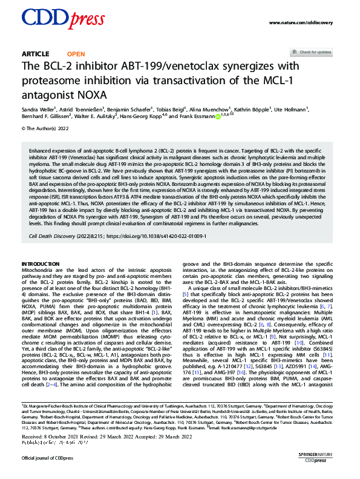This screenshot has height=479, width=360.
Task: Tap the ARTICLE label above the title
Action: pyautogui.click(x=36, y=54)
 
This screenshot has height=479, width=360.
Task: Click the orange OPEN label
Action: pyautogui.click(x=76, y=54)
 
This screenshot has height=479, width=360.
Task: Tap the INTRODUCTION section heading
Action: pyautogui.click(x=44, y=265)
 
